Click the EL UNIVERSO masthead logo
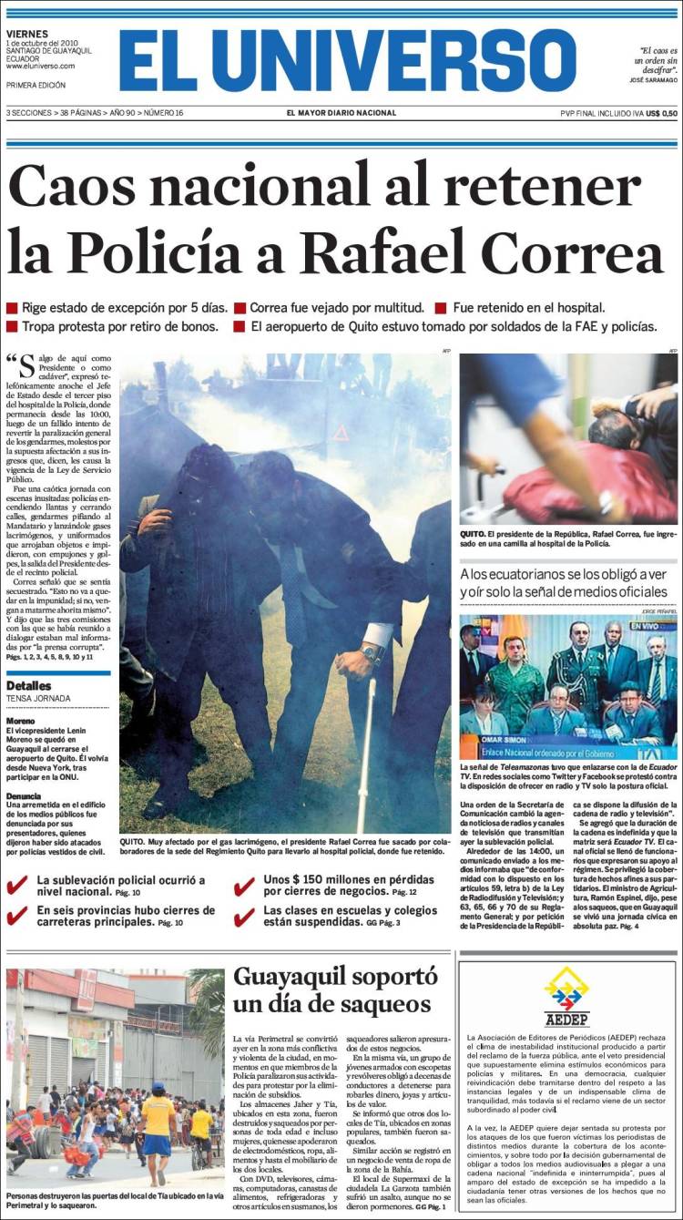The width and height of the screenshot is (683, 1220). pos(347,60)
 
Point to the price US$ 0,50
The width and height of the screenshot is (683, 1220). pos(662,113)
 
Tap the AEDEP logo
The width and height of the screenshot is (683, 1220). pos(566,996)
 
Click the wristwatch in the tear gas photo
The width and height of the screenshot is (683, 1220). pos(370,653)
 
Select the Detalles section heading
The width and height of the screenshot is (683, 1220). pos(29,685)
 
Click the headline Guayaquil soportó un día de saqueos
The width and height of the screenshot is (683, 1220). pos(335,989)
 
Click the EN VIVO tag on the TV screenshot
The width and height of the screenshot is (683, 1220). pos(658,625)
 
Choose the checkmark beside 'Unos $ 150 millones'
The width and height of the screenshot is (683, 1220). pos(243,887)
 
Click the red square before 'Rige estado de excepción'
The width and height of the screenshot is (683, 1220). pos(12,308)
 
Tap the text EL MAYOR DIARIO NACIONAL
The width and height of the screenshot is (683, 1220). pos(341,113)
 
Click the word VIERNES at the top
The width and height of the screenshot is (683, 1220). pos(27,34)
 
